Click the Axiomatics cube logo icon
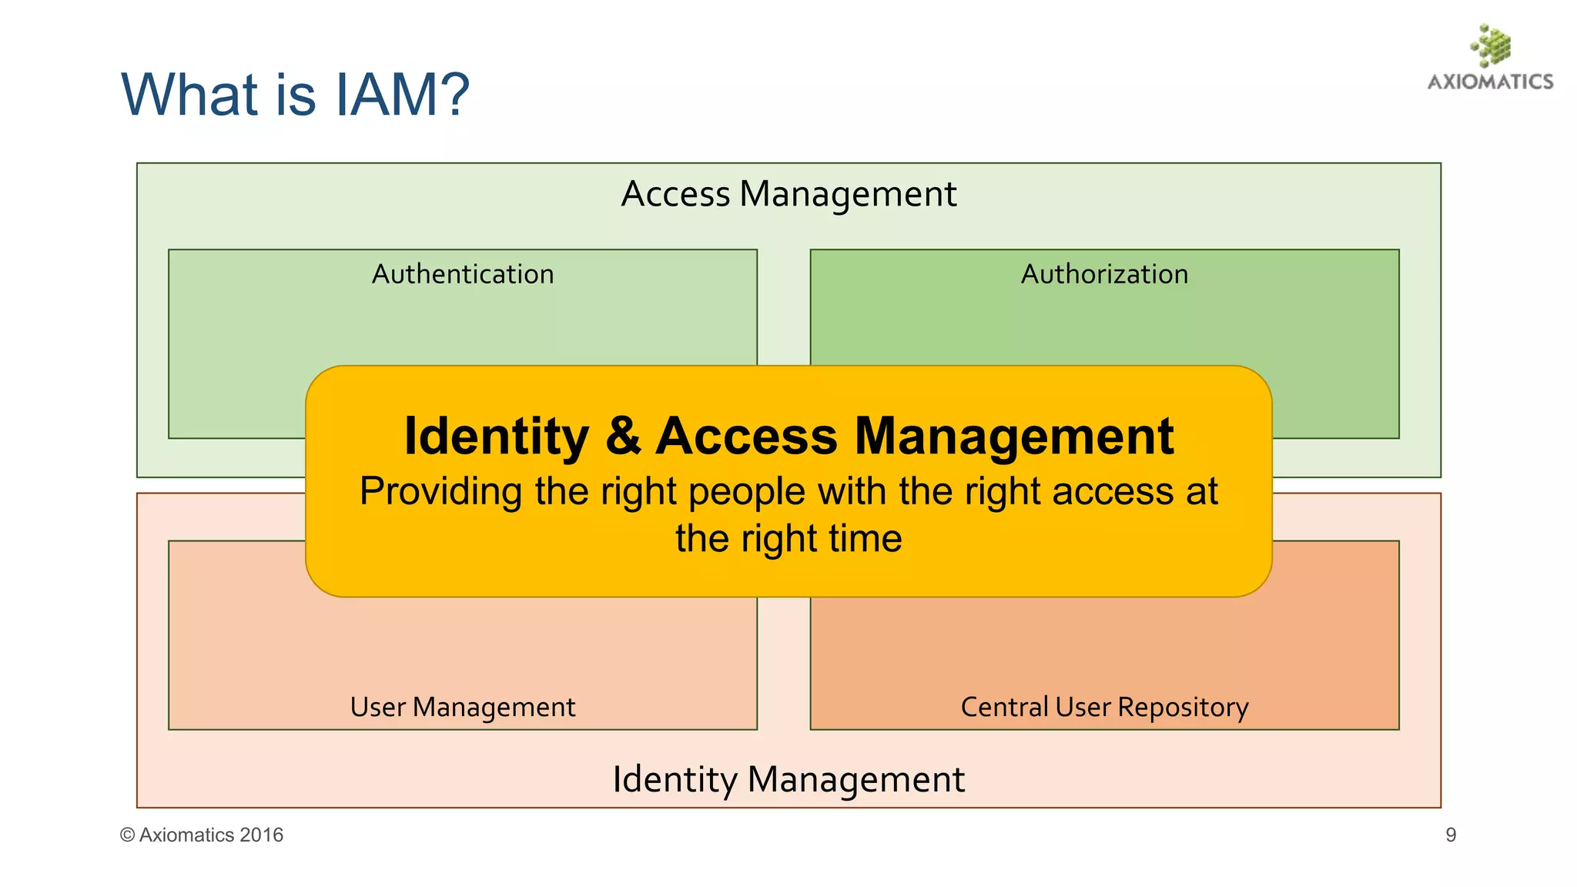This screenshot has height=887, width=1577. [x=1491, y=45]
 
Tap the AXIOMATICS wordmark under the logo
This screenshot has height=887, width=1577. [x=1490, y=82]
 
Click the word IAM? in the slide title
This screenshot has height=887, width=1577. [x=401, y=95]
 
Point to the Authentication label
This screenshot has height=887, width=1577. [x=463, y=274]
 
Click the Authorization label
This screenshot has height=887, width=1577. [x=1104, y=274]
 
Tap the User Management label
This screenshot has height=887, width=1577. [x=463, y=707]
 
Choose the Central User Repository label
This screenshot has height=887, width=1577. [x=1104, y=707]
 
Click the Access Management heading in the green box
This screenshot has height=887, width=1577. [x=788, y=194]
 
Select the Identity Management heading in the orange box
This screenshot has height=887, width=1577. [x=788, y=779]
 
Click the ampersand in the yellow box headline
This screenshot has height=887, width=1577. [x=622, y=437]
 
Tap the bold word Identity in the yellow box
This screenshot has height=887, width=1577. [x=497, y=437]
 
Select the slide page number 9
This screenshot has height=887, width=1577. [x=1451, y=835]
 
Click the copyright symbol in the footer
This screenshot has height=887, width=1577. [x=127, y=835]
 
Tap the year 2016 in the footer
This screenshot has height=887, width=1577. [x=261, y=835]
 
